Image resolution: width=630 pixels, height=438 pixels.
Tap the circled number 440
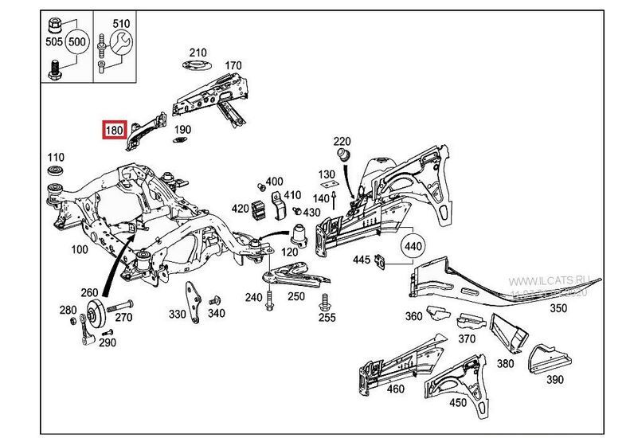tap(413, 247)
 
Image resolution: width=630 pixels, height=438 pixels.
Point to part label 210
tap(197, 53)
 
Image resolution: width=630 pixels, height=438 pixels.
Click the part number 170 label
tap(233, 65)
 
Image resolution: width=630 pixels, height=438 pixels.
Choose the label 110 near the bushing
tap(56, 157)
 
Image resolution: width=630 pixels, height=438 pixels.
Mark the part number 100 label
tap(80, 249)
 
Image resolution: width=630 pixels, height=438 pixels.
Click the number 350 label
tap(558, 308)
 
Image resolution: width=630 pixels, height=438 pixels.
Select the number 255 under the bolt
tap(327, 318)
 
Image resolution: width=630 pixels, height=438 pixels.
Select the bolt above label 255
tap(324, 301)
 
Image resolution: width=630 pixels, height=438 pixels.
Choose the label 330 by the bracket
tap(176, 315)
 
